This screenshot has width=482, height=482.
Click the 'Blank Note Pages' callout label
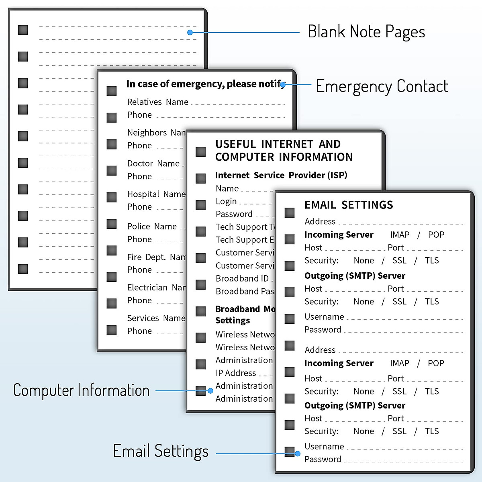click(366, 32)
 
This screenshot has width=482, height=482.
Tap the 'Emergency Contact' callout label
click(382, 86)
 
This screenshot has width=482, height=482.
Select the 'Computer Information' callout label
click(82, 390)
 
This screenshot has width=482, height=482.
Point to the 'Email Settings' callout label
click(161, 451)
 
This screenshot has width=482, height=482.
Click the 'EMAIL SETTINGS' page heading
click(349, 205)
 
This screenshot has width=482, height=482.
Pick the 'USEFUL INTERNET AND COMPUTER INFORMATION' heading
click(284, 151)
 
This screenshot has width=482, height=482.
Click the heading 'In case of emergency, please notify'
click(205, 84)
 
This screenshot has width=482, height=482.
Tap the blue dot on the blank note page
click(190, 32)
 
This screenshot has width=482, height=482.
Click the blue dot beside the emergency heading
click(283, 85)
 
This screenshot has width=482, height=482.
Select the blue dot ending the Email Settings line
click(298, 453)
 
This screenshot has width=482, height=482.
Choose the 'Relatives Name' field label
click(158, 102)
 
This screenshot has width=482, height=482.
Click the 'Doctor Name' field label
click(153, 163)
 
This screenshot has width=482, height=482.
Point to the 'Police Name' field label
click(152, 227)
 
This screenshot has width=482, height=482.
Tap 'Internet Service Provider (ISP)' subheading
click(281, 175)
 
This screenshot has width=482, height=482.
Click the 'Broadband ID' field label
click(242, 278)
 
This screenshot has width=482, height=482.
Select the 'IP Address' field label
click(236, 373)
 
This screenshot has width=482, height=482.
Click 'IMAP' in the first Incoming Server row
click(400, 235)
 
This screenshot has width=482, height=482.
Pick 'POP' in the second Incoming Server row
click(436, 363)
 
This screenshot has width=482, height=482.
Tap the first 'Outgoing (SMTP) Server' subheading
click(355, 276)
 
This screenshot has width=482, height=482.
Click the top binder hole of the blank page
click(23, 30)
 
